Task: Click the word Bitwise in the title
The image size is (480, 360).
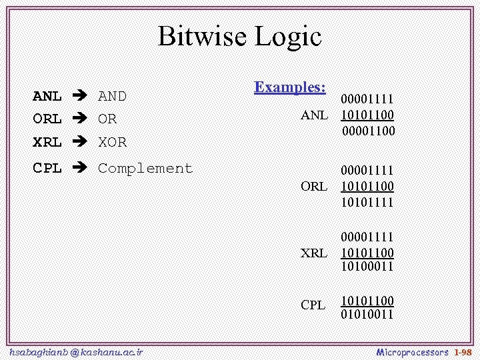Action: (202, 36)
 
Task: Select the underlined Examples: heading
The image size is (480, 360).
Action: (290, 87)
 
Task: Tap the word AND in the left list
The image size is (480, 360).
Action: (112, 96)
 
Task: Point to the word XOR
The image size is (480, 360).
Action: (112, 142)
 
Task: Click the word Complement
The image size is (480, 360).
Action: (145, 169)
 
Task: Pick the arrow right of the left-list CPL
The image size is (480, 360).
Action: (81, 169)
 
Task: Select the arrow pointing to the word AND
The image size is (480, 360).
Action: (81, 96)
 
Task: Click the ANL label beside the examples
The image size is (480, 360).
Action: (314, 115)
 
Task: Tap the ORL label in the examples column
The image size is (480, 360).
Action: (314, 187)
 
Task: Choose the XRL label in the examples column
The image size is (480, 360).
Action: (314, 253)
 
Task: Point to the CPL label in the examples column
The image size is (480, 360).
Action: (313, 305)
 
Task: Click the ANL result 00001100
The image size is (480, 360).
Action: (368, 131)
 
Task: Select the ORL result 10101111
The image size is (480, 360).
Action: (367, 201)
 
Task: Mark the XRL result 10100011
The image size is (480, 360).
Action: (367, 267)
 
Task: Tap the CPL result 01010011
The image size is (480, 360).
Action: (367, 313)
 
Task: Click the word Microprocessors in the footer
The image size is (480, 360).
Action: (413, 351)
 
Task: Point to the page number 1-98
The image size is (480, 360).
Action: (463, 351)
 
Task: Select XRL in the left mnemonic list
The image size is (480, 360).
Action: (47, 142)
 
